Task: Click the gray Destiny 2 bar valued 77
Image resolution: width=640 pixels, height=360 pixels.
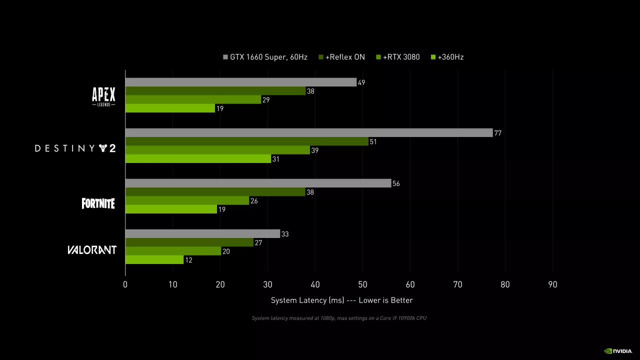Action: pos(308,133)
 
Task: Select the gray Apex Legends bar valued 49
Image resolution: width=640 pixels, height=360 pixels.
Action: pos(240,82)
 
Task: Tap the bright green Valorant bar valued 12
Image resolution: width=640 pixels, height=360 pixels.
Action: pos(154,260)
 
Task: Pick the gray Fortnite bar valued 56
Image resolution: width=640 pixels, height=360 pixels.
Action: pos(258,183)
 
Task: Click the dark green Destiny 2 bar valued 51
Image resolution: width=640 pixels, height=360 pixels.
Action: pos(246,141)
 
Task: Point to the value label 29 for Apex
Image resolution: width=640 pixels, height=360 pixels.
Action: pos(266,100)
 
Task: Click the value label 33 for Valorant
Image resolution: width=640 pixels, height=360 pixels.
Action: pos(285,234)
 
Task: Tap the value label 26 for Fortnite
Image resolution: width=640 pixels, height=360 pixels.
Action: pos(254,201)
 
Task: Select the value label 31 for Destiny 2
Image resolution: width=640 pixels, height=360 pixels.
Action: pos(275,159)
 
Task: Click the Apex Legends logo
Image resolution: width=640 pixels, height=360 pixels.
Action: pos(103,96)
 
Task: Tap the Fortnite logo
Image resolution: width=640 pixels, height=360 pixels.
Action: pos(98,203)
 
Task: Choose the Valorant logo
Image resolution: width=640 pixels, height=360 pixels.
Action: pos(92,250)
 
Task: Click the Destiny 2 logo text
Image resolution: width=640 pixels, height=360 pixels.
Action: pos(75,148)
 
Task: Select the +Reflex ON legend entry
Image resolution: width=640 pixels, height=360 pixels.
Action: pos(342,57)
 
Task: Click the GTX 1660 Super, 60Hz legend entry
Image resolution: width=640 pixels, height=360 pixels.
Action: pos(265,57)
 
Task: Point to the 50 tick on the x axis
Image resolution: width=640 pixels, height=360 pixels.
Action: pos(362,285)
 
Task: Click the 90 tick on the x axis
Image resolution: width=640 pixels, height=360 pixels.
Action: pos(552,285)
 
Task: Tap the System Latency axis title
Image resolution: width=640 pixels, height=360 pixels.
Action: pos(342,300)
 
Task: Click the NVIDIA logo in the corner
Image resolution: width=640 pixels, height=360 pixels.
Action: pos(618,351)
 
